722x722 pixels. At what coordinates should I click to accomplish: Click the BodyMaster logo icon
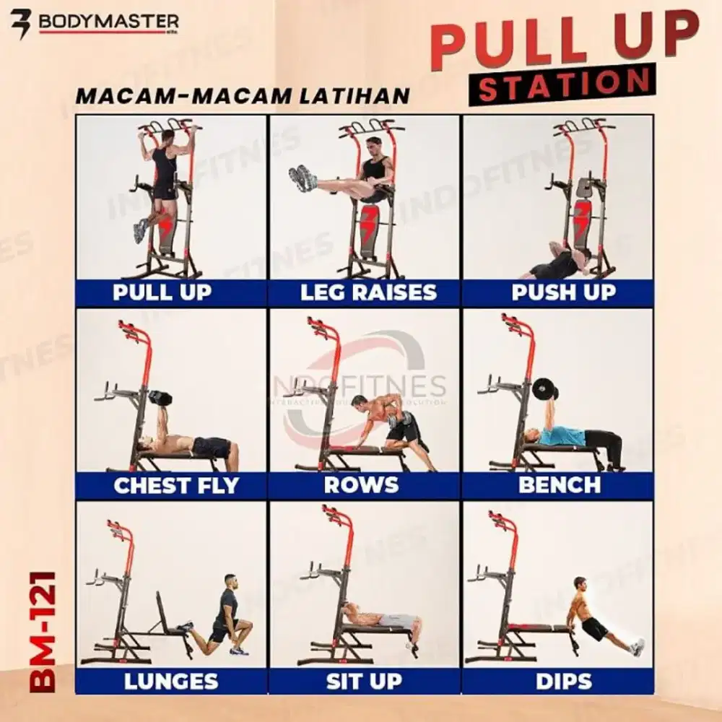[x=22, y=22]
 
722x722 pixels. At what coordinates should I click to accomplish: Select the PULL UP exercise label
[x=162, y=292]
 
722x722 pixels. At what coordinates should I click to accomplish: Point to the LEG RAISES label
[x=368, y=292]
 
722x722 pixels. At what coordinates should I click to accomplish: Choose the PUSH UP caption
[x=563, y=292]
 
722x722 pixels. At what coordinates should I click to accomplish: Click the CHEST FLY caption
[x=175, y=485]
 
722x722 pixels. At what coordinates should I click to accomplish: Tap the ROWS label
[x=361, y=485]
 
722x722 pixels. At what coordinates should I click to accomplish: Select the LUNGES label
[x=170, y=681]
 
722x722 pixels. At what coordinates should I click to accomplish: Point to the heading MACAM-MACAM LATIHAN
[x=243, y=96]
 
